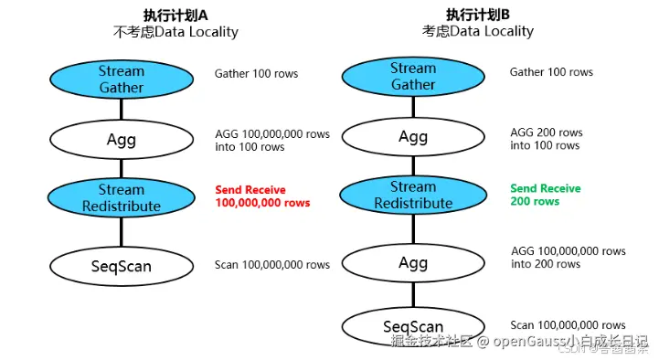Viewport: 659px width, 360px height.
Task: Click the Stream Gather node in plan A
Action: click(122, 79)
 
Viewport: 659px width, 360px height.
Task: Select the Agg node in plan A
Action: click(122, 140)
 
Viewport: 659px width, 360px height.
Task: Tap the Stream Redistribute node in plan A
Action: click(122, 198)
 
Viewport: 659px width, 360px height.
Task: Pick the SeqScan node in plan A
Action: click(122, 265)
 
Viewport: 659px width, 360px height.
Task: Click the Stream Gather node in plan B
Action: click(413, 77)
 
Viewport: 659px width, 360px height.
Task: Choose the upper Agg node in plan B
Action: click(413, 138)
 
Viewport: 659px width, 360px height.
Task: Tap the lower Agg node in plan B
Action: click(413, 263)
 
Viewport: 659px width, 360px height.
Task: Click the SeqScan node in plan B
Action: click(413, 326)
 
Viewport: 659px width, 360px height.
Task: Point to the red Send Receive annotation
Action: click(262, 196)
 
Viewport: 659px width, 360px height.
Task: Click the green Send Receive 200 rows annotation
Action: click(545, 195)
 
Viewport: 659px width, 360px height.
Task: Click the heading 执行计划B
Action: click(477, 15)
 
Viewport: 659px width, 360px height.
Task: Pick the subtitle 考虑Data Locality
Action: click(477, 32)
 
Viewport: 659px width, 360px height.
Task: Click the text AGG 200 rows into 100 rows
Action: click(546, 139)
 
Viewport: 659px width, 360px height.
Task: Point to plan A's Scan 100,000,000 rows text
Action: click(272, 265)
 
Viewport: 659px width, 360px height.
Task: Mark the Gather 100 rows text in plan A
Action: click(256, 73)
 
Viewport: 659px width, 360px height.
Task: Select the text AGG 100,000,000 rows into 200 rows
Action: click(568, 257)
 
